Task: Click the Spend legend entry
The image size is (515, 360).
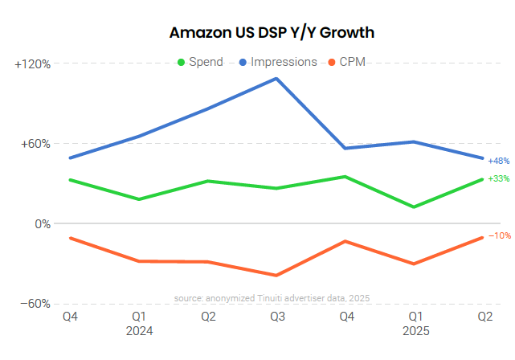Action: [x=200, y=62]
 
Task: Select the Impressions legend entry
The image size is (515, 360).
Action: [x=277, y=62]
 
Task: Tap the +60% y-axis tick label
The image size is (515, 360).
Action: [x=35, y=144]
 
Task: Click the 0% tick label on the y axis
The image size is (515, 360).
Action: [x=42, y=223]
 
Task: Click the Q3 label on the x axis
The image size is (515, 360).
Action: [x=277, y=317]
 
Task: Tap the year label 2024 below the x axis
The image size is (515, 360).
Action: [x=139, y=330]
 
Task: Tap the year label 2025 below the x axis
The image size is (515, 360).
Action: [x=415, y=330]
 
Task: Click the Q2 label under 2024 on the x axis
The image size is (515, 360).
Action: [x=208, y=317]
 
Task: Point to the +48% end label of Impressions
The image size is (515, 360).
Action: [x=498, y=161]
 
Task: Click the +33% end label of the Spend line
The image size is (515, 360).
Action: [x=498, y=178]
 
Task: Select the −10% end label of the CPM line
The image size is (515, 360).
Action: [x=499, y=235]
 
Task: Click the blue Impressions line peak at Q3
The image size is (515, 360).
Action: [x=277, y=79]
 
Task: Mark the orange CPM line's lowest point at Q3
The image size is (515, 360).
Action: [x=277, y=275]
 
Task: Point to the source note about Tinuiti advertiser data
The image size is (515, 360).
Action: [x=272, y=298]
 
